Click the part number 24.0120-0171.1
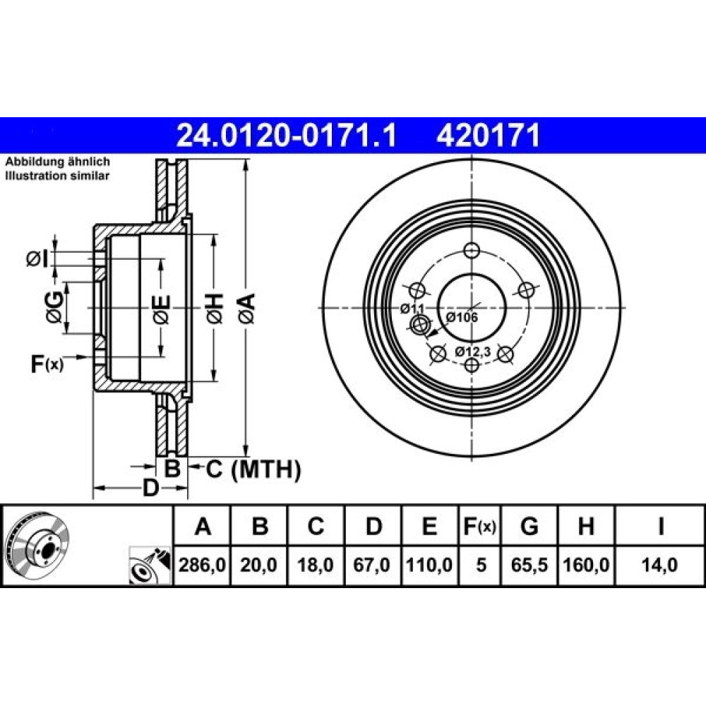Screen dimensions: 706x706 pos(287,136)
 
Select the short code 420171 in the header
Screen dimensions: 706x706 pos(488,136)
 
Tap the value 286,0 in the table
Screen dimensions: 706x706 pos(202,565)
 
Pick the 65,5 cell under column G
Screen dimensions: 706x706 pos(529,565)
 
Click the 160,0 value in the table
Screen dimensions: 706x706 pos(586,565)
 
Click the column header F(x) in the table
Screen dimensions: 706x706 pos(479,526)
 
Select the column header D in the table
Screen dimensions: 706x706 pos(373,526)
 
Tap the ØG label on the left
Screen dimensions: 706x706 pos(54,308)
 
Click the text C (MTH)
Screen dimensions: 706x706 pos(253,469)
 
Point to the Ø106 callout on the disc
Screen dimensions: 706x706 pos(462,317)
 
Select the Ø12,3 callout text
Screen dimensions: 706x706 pos(472,351)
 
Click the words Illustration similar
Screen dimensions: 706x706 pos(57,176)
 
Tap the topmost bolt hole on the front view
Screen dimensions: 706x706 pos(472,250)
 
